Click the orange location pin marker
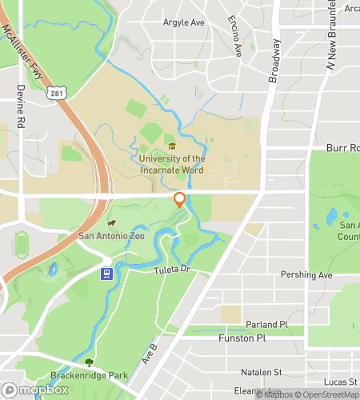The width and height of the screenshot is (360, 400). (x=180, y=200)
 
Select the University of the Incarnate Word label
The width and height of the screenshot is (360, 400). (x=172, y=164)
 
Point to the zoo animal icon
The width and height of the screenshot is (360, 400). (x=112, y=223)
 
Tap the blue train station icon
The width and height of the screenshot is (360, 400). (x=105, y=274)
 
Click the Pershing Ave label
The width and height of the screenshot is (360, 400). (x=306, y=275)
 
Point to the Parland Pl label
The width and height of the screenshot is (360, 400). (x=266, y=325)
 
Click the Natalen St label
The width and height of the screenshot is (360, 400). (x=262, y=372)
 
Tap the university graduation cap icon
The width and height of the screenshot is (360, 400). (x=172, y=146)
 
